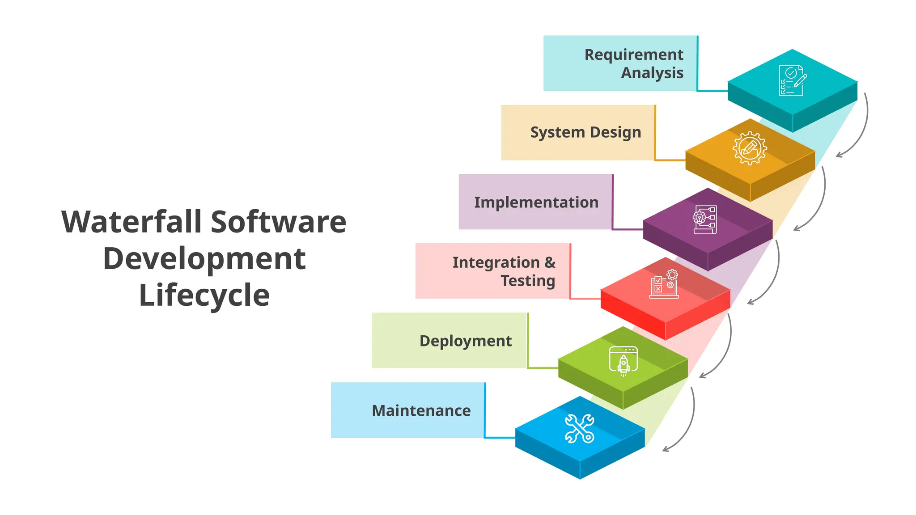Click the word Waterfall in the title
pos(131,222)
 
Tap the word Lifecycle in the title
pos(204,295)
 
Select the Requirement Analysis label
pos(634,63)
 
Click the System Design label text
pos(585,133)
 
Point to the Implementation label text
pos(536,203)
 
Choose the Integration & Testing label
pos(504,271)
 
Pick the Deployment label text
pos(466,341)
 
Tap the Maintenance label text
pos(421,411)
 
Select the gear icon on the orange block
pos(750,148)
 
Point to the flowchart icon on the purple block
pos(705,220)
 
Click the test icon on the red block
pos(664,284)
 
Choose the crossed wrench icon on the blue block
pos(580,428)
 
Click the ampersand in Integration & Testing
pos(550,262)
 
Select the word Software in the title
pos(278,222)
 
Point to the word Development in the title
pos(204,259)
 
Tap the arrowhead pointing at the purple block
pos(796,229)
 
